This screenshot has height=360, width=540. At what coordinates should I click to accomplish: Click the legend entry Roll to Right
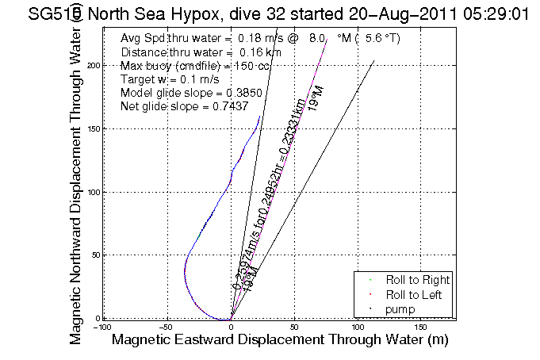pos(417,280)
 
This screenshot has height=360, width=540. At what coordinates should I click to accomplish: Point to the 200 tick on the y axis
pos(93,66)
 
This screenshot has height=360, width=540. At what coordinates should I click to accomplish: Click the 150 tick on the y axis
pos(93,128)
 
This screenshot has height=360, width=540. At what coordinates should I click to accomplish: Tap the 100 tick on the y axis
pos(93,192)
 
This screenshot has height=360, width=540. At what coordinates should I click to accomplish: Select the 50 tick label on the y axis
pos(95,255)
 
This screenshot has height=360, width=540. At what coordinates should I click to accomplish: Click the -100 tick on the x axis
pos(103,326)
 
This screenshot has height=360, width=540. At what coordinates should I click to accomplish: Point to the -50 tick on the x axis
pos(167,326)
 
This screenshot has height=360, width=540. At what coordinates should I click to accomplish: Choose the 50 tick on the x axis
pos(294,326)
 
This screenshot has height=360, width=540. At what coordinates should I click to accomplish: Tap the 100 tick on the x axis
pos(358,326)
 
